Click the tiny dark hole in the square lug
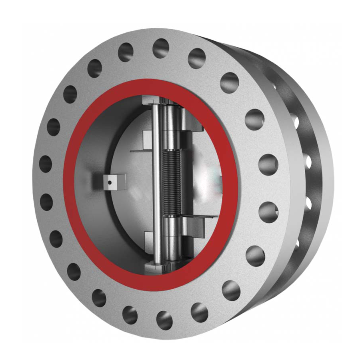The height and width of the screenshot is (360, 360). (109, 183)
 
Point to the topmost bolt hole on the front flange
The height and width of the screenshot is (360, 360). (161, 48)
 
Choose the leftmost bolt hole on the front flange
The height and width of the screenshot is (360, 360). (46, 164)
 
